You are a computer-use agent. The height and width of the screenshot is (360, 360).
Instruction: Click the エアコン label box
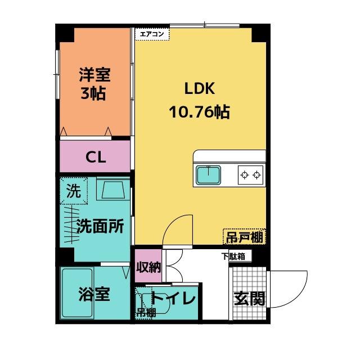click(x=152, y=33)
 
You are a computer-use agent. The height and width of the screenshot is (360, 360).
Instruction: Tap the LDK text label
click(x=197, y=88)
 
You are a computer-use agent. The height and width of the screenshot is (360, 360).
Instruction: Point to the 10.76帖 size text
click(x=199, y=112)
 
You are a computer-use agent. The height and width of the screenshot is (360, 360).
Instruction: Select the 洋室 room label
click(x=94, y=74)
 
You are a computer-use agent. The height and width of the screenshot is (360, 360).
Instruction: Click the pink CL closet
click(x=96, y=156)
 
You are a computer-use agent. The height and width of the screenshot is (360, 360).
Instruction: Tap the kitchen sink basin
click(x=209, y=175)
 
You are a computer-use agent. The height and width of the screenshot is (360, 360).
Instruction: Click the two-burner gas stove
click(x=251, y=175)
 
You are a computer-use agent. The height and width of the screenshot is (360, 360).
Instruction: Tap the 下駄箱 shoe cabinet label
click(x=232, y=256)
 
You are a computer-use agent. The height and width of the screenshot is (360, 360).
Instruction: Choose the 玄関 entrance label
click(x=249, y=298)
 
